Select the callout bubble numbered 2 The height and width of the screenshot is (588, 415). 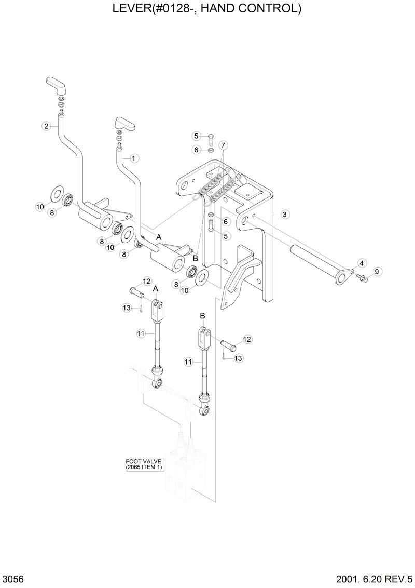(46, 126)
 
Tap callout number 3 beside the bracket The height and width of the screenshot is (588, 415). (285, 213)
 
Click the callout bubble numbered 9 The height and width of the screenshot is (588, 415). (377, 271)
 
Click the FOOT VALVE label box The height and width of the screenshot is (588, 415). (144, 464)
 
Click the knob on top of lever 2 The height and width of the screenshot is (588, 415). (54, 83)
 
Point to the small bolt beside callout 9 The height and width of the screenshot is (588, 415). (363, 279)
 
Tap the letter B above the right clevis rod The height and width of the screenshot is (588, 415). (203, 315)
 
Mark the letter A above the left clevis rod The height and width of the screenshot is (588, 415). (155, 289)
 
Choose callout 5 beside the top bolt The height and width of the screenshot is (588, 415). (196, 136)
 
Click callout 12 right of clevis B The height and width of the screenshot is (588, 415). (246, 339)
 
